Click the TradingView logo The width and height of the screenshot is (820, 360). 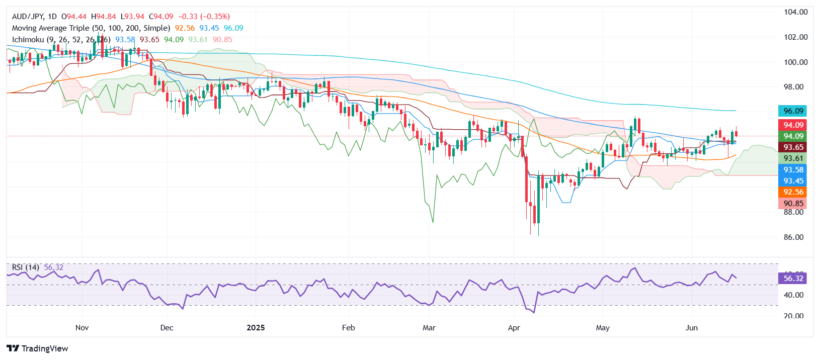[37, 348]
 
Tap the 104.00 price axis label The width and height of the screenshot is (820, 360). [795, 12]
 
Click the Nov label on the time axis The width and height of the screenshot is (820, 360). [82, 328]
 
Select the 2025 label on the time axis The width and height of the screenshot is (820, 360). [256, 328]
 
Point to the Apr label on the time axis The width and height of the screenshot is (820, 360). [514, 328]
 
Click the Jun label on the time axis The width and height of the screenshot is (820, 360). [692, 328]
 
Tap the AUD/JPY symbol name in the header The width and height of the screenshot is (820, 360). [28, 17]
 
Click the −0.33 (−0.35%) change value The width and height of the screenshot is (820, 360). [204, 17]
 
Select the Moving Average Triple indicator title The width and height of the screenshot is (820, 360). [91, 28]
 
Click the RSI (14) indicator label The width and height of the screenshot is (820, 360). [26, 267]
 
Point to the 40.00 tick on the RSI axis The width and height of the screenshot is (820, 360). [793, 295]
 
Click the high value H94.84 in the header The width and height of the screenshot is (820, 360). [103, 17]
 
